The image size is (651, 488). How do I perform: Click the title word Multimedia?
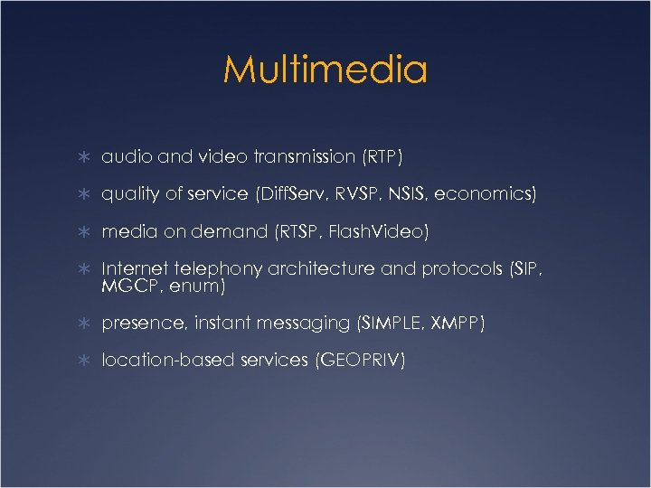(x=325, y=70)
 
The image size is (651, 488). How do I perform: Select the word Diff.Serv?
(x=292, y=194)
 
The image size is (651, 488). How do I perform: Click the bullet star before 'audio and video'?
(x=83, y=157)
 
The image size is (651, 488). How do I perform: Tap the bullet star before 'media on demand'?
(x=83, y=232)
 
